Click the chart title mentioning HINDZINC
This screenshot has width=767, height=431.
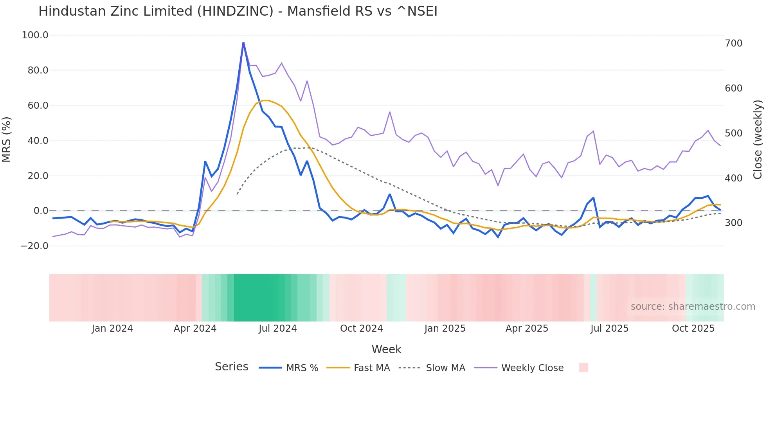tap(238, 11)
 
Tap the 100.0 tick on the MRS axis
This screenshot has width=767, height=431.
tap(35, 35)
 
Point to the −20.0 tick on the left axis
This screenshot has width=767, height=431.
tap(34, 246)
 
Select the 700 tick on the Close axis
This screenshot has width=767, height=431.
tap(733, 43)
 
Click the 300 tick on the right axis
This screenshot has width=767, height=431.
tap(733, 223)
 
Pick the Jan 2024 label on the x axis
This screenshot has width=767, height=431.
tap(112, 329)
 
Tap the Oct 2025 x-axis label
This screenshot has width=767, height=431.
tap(693, 329)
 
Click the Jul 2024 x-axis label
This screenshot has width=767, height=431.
tap(277, 329)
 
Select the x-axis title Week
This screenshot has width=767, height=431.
tap(386, 349)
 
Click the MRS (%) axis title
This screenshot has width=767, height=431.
tap(7, 139)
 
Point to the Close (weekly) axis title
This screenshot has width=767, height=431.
tap(758, 139)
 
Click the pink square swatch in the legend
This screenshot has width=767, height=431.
tap(583, 368)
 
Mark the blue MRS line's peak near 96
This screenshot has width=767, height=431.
tap(243, 42)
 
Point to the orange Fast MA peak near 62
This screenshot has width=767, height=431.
tap(265, 101)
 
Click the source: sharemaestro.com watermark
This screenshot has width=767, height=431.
tap(693, 307)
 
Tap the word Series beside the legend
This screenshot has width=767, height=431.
tap(231, 367)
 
